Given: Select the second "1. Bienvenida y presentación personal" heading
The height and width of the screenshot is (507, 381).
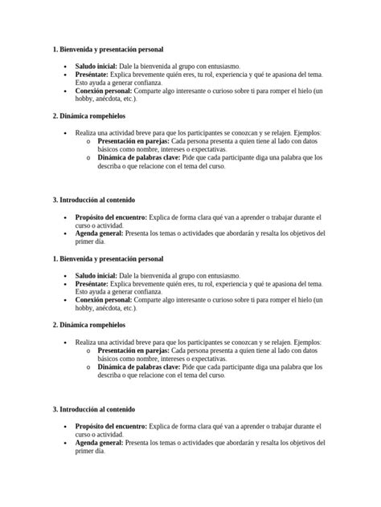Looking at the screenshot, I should (x=107, y=259).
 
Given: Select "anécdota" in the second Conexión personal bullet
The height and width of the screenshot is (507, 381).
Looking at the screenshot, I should (x=109, y=308).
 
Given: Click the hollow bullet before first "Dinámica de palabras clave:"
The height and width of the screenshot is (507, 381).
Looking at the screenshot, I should (x=88, y=158).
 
